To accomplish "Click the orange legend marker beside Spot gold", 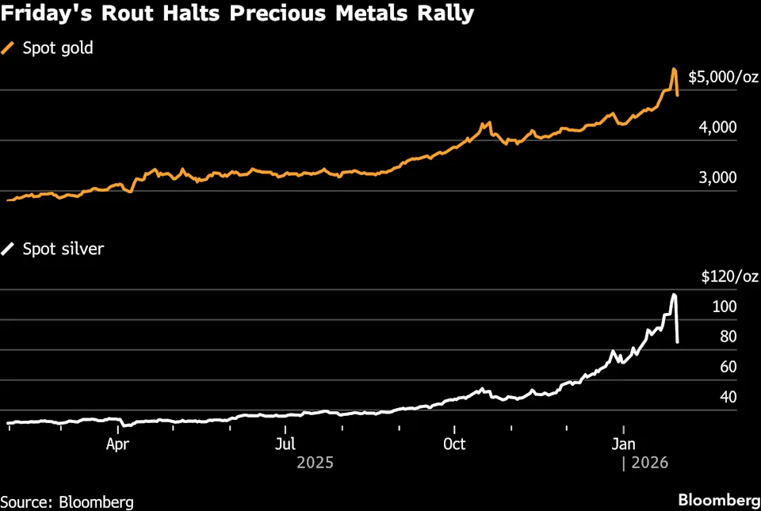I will click(x=9, y=48).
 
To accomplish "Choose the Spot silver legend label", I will click(x=63, y=249).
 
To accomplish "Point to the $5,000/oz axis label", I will click(x=723, y=78).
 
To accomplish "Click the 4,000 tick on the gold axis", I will click(x=718, y=128).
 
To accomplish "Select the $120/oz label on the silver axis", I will click(x=730, y=276).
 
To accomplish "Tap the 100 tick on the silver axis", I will click(x=725, y=307).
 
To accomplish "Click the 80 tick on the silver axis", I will click(x=728, y=337).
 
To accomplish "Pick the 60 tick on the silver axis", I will click(x=728, y=367).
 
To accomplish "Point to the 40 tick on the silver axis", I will click(x=728, y=397).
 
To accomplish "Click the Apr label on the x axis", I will click(x=117, y=444).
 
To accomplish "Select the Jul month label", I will click(x=286, y=444).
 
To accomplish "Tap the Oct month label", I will click(x=454, y=444).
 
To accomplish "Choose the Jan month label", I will click(x=623, y=444).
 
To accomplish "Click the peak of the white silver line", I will click(x=674, y=296).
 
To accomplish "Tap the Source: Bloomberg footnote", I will click(x=67, y=501).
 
